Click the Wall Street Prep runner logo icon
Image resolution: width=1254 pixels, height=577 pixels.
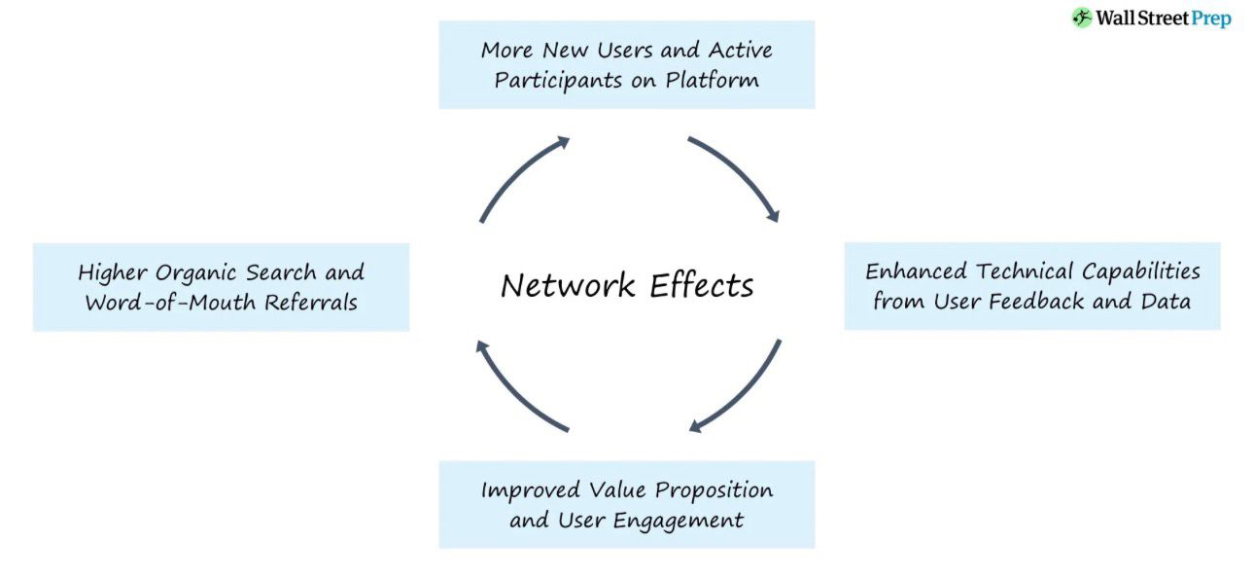click(1082, 18)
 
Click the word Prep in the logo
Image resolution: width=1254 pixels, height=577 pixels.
click(1209, 18)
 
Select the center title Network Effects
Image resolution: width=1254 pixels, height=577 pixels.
click(627, 285)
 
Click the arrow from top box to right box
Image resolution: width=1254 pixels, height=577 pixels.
click(735, 175)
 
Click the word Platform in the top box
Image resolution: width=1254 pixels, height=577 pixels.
click(713, 80)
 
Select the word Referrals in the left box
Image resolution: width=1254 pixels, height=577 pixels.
click(308, 302)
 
